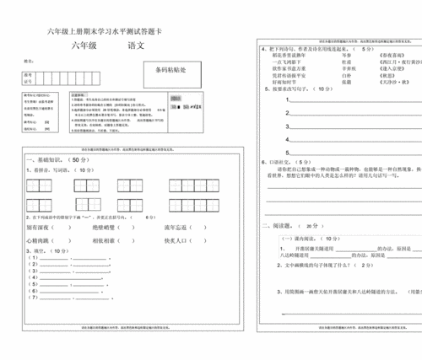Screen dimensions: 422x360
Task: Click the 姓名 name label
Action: [29, 61]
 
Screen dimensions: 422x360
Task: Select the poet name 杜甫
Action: [344, 62]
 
